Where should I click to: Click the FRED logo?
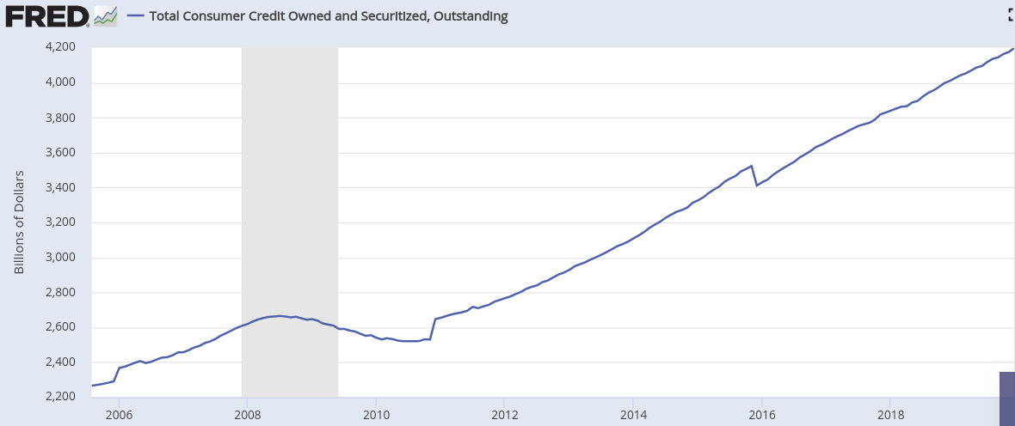pos(46,15)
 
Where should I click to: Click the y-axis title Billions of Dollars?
pos(19,222)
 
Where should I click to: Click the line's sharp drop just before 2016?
pos(754,175)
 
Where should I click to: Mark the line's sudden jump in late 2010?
pos(433,329)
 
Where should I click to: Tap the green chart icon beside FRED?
pos(105,15)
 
